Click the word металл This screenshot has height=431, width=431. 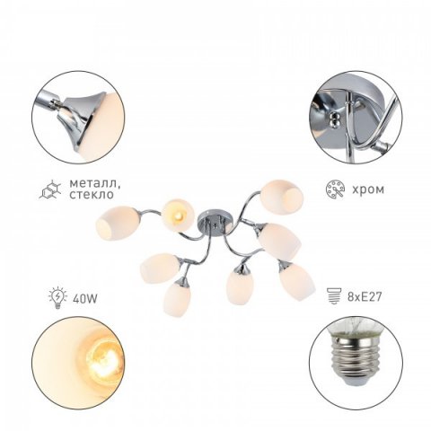[94, 184]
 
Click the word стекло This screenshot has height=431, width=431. [92, 195]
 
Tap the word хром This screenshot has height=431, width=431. [368, 189]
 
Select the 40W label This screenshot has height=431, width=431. [84, 298]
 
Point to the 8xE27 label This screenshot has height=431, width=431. [365, 297]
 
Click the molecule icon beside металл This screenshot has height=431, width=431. [50, 189]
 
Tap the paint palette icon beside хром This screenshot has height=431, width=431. [335, 189]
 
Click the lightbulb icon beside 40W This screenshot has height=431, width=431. [57, 297]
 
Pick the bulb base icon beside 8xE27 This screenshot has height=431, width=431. [334, 296]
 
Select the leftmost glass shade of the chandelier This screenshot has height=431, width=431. [117, 222]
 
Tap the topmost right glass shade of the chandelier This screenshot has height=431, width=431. [282, 196]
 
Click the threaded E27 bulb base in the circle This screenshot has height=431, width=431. [355, 358]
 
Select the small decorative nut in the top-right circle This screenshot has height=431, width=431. [334, 119]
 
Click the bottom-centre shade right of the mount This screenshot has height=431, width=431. [240, 286]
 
